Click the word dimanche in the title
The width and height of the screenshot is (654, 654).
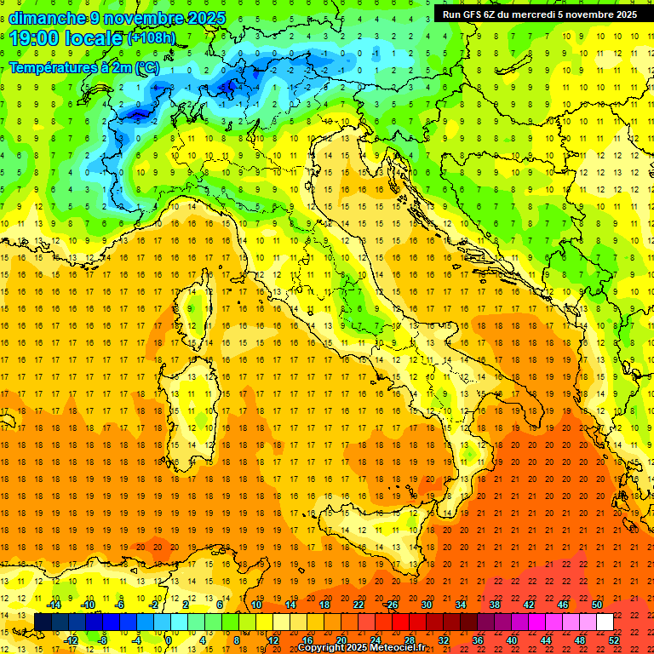click(x=47, y=18)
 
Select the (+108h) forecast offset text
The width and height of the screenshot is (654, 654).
click(x=152, y=38)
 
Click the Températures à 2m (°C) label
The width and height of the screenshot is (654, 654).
click(x=83, y=66)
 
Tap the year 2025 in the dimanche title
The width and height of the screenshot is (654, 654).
click(x=207, y=18)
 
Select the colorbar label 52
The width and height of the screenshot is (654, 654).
click(x=615, y=640)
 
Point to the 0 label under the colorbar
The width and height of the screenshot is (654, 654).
click(x=169, y=640)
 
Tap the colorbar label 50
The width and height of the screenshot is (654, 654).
click(x=597, y=605)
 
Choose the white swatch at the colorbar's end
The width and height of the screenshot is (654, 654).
click(x=605, y=622)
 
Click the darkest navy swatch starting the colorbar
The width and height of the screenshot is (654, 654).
click(x=43, y=622)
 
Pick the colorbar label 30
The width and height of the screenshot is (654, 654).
click(x=426, y=605)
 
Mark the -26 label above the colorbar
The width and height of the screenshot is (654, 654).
click(x=391, y=605)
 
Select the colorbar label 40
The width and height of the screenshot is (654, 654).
click(x=512, y=640)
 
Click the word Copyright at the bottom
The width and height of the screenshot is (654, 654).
click(x=320, y=647)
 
